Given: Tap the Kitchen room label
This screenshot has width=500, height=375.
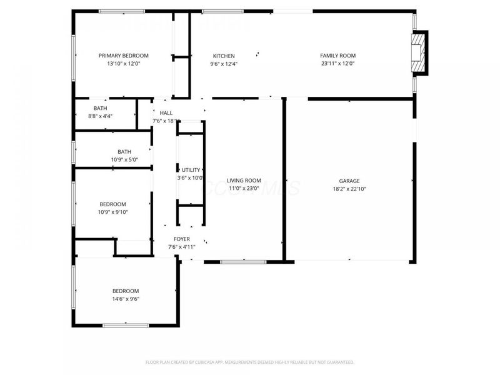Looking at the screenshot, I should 223,56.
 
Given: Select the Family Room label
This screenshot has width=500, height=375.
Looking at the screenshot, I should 337,56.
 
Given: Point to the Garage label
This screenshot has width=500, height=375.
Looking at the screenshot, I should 349,181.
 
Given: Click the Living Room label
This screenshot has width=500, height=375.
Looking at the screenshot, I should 244,181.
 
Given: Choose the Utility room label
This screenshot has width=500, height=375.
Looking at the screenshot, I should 191,170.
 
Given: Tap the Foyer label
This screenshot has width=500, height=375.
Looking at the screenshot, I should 182,239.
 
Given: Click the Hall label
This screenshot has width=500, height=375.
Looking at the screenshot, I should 166,113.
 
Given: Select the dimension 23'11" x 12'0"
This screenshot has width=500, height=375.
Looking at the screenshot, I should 337,64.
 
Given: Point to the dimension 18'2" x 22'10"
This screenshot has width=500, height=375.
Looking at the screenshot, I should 349,189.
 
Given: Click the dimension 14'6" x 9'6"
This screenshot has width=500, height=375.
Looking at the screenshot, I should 126,299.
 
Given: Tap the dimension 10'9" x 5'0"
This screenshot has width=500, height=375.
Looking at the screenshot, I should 124,159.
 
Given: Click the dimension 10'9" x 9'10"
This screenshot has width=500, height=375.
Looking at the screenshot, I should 113,212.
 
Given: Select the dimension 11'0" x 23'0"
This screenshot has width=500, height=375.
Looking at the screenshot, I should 244,189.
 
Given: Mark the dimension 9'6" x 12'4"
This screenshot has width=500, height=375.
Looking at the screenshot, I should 223,64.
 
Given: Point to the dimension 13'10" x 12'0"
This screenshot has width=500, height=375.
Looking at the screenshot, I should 119,64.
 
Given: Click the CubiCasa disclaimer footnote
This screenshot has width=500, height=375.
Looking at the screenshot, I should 250,362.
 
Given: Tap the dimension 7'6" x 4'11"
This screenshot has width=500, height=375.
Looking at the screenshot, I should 182,247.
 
